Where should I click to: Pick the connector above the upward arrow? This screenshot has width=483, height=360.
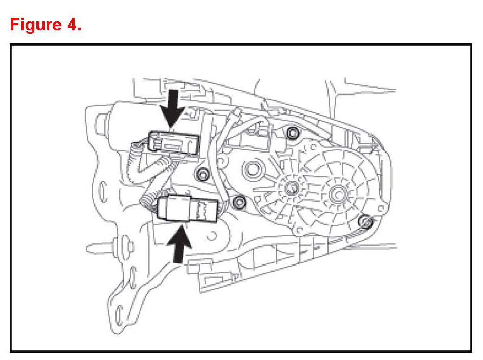tap(188, 209)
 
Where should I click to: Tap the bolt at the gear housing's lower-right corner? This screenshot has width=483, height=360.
tap(365, 222)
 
